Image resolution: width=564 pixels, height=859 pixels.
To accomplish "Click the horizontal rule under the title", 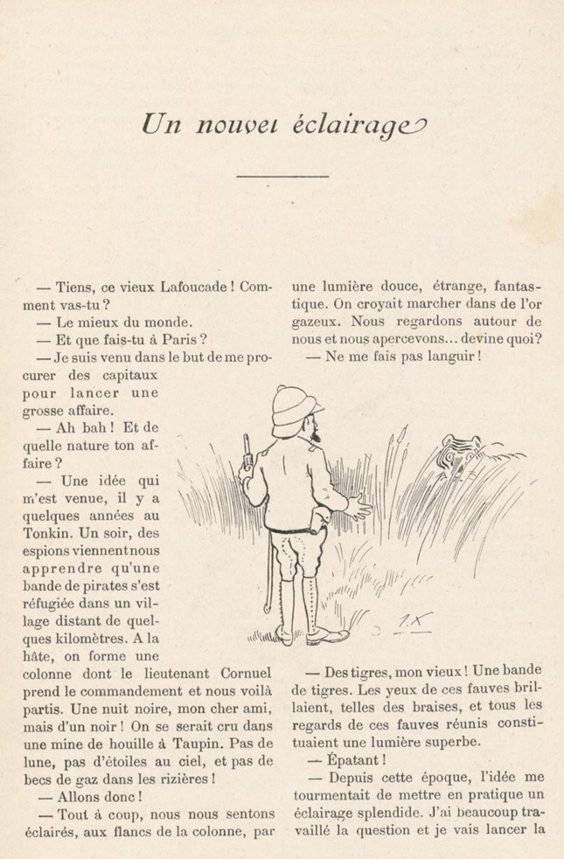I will pos(282,177).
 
